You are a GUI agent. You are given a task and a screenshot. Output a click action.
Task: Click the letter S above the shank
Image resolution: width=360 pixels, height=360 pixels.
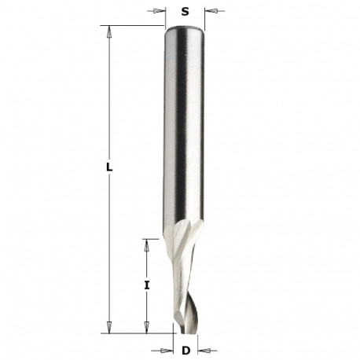(186, 12)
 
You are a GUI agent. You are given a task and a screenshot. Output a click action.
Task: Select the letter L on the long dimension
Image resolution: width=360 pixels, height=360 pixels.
(109, 168)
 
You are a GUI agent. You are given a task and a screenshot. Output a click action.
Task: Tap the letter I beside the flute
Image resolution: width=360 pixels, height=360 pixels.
(147, 285)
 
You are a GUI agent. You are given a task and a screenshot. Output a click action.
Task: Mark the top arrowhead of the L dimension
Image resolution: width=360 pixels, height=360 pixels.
(110, 31)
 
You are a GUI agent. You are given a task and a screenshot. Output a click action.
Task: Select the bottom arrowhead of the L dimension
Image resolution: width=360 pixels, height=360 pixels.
(110, 329)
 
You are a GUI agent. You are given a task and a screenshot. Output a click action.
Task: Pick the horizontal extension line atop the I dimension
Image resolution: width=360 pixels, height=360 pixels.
(157, 238)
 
